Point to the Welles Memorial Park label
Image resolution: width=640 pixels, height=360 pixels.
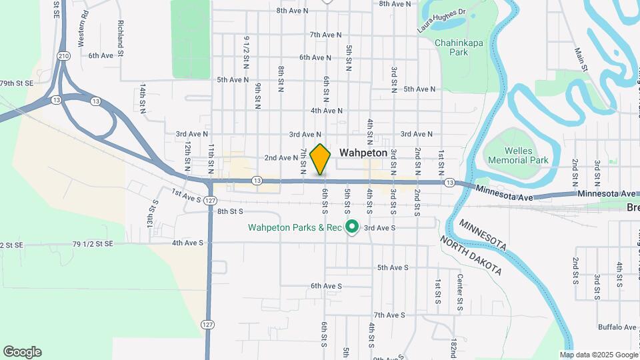pyautogui.click(x=518, y=155)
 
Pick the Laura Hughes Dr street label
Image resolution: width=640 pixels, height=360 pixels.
pyautogui.click(x=441, y=21)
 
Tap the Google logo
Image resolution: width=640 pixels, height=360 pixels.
pyautogui.click(x=22, y=352)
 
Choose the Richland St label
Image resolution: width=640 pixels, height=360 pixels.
pyautogui.click(x=121, y=37)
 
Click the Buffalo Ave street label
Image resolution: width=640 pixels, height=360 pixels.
pyautogui.click(x=617, y=327)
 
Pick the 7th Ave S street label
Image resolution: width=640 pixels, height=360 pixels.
pyautogui.click(x=389, y=315)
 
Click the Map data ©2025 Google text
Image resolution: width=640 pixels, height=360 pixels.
pyautogui.click(x=600, y=355)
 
